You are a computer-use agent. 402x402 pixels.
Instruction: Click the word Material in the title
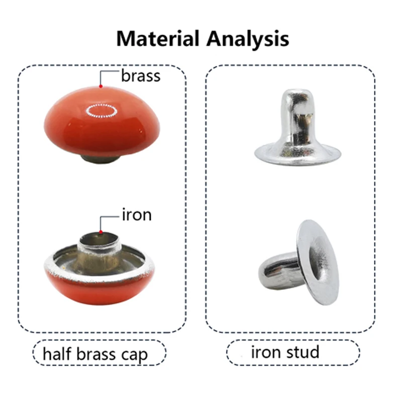pyautogui.click(x=158, y=39)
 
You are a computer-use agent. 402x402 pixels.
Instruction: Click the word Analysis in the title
pyautogui.click(x=248, y=39)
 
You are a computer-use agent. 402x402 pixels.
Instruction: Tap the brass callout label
pyautogui.click(x=141, y=76)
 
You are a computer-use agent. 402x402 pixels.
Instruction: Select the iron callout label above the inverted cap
pyautogui.click(x=137, y=215)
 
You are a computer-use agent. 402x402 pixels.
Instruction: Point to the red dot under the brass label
pyautogui.click(x=101, y=86)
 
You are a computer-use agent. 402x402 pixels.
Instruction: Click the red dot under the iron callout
pyautogui.click(x=101, y=232)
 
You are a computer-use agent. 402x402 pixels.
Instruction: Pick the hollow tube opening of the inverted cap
pyautogui.click(x=99, y=239)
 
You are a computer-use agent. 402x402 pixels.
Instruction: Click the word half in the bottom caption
pyautogui.click(x=57, y=354)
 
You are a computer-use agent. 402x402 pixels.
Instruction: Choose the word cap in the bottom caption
pyautogui.click(x=135, y=356)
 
